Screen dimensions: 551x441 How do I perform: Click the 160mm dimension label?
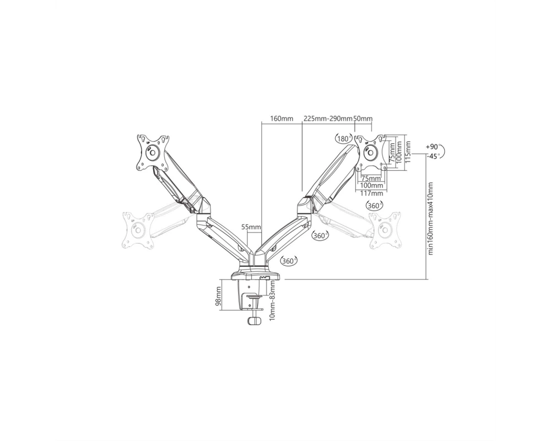(281, 119)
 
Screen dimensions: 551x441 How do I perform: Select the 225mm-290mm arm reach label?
(327, 119)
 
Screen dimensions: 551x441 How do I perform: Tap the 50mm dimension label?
(363, 119)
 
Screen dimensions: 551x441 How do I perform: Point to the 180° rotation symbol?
(343, 138)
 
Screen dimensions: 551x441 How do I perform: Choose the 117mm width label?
(372, 193)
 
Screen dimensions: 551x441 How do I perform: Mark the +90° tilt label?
(433, 147)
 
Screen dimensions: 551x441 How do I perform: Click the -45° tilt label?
(433, 156)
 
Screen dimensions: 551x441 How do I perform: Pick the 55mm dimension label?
(251, 227)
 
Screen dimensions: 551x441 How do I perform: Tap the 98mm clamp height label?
(218, 297)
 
